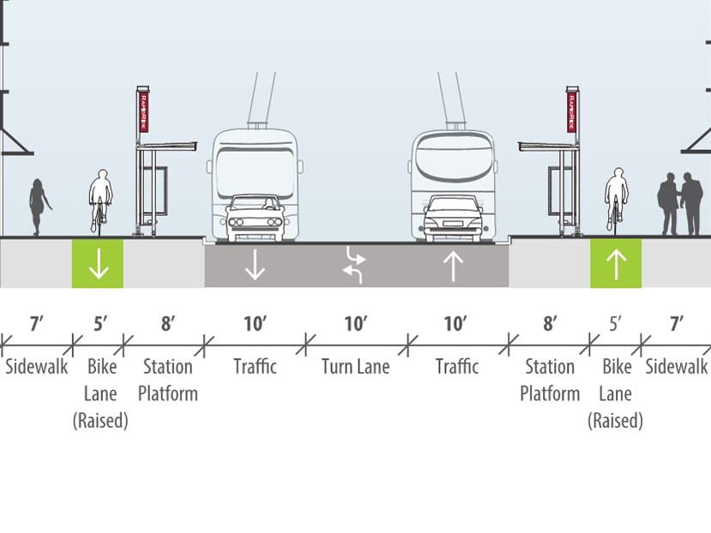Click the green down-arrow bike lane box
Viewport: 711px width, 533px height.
click(x=98, y=263)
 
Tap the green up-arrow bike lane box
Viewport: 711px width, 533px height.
click(x=615, y=263)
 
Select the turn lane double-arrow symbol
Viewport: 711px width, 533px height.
click(x=354, y=265)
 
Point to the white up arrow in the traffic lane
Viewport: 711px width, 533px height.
click(x=453, y=266)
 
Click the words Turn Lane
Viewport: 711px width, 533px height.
click(x=355, y=367)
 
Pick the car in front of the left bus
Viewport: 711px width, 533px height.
click(x=255, y=217)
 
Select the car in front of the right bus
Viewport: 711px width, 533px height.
click(x=453, y=218)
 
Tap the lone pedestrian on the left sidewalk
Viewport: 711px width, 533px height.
click(x=39, y=207)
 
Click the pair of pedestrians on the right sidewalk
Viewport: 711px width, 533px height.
click(x=680, y=203)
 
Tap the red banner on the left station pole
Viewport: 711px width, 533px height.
click(x=143, y=111)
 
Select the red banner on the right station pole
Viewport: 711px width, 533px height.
click(x=570, y=111)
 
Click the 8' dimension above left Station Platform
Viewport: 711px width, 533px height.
click(x=168, y=323)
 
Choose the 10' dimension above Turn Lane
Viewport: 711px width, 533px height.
click(x=355, y=323)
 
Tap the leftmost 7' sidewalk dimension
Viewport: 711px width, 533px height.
click(x=36, y=323)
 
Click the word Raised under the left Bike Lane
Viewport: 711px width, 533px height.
click(x=100, y=421)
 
